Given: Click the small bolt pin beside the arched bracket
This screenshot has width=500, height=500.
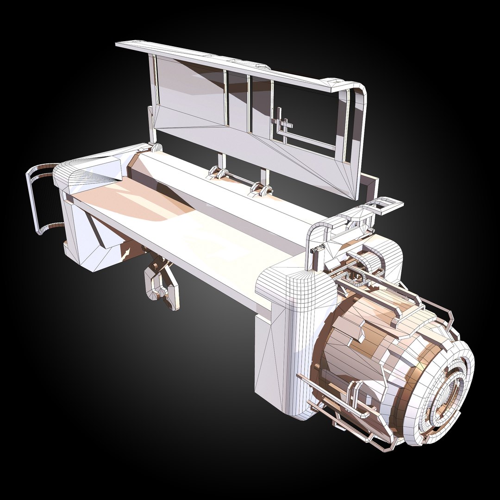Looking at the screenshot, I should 315,250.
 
